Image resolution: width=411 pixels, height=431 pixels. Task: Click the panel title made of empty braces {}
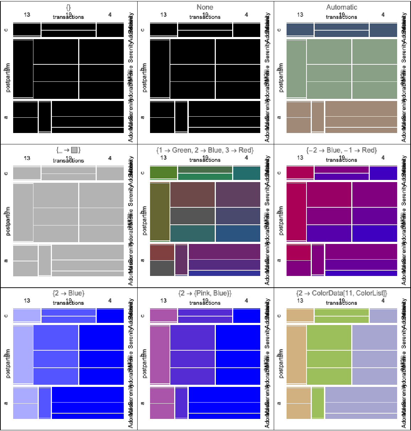[x=68, y=7]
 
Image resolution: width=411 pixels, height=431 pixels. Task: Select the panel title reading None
[x=205, y=7]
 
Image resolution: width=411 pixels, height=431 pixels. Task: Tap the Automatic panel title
[x=342, y=7]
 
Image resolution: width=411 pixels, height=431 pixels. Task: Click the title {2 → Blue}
[x=68, y=293]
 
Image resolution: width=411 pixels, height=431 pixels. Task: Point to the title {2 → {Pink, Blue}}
[x=205, y=293]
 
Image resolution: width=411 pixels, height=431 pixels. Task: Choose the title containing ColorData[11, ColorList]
[x=342, y=293]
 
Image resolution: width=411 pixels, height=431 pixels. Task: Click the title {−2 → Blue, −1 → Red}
[x=342, y=150]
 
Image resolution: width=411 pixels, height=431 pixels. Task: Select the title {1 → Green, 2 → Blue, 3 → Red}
[x=205, y=150]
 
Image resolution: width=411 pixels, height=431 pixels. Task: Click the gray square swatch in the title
[x=74, y=150]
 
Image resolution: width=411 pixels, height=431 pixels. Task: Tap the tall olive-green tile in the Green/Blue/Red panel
[x=160, y=212]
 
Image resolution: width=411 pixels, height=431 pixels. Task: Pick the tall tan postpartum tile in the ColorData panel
[x=296, y=355]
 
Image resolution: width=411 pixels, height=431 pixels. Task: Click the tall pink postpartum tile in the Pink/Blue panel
[x=160, y=355]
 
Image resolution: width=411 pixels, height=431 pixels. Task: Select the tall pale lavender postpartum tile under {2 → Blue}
[x=23, y=355]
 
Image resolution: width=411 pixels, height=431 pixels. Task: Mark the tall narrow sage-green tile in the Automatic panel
[x=296, y=68]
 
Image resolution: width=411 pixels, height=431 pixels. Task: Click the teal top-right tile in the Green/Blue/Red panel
[x=246, y=173]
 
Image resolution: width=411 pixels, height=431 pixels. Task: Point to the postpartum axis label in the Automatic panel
[x=281, y=78]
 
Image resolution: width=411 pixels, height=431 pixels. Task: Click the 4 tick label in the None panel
[x=246, y=15]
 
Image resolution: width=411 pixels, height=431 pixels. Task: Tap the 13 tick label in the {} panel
[x=27, y=15]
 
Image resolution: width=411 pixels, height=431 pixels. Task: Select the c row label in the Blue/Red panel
[x=279, y=173]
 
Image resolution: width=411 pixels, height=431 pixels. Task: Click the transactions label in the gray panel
[x=68, y=161]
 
